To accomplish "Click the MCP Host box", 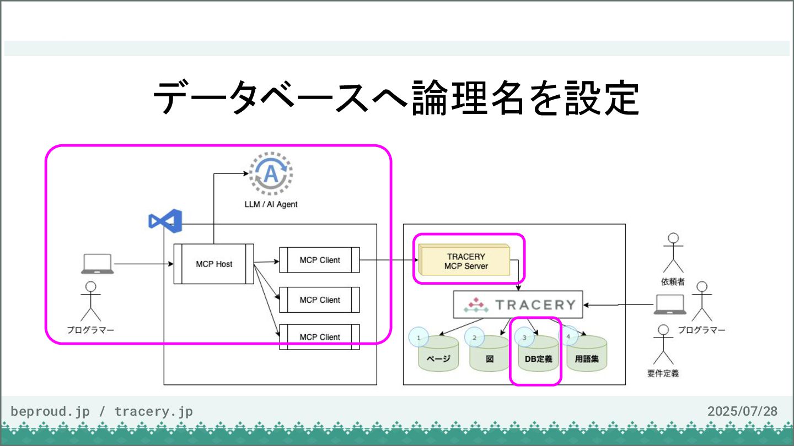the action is pos(214,264).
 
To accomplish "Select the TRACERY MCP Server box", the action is pos(464,259).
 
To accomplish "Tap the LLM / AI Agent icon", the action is pos(271,173).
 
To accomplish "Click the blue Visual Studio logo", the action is pos(165,221).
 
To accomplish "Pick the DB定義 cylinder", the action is pos(538,353).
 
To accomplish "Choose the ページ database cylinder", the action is pos(438,353).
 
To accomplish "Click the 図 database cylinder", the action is pos(489,353).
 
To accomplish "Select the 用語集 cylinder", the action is pos(587,353).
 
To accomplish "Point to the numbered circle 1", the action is pos(419,338).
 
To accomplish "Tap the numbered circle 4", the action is pos(568,336).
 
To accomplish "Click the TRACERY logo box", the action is pos(518,304).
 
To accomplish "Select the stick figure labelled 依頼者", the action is pos(673,252).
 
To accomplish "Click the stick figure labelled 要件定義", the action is pos(663,345).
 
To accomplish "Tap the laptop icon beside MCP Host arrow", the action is pos(98,264).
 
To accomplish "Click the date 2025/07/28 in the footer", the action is pos(742,411).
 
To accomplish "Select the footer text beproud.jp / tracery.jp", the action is pos(101,412).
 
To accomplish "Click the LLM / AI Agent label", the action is pos(271,204).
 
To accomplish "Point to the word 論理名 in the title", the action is pos(468,97).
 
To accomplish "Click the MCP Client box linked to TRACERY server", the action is pos(319,260).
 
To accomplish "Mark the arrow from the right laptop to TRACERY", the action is pos(619,304).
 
